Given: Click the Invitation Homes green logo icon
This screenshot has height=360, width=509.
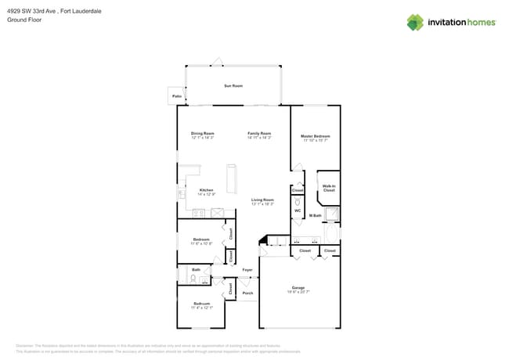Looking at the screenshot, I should (415, 22).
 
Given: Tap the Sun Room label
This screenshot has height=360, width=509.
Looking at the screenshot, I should (233, 85).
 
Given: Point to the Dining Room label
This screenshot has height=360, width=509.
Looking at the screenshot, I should (203, 133).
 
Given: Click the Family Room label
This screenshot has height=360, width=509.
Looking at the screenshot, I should (259, 133).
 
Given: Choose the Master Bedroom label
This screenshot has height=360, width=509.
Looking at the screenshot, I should (315, 136).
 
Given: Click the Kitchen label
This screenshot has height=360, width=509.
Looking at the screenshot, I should (206, 190).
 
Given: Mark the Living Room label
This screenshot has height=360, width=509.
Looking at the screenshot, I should (262, 200).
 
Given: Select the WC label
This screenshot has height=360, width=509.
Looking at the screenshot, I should (298, 211).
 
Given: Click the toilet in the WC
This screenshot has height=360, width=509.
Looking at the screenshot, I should (298, 202).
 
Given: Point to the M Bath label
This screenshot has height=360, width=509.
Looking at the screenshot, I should (316, 215).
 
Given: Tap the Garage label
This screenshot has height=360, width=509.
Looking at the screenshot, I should (300, 289).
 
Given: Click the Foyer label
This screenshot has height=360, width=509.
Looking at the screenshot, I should (247, 270).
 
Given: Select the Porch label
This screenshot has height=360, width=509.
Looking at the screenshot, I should (247, 293).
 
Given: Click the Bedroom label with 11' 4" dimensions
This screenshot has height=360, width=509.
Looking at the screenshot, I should (201, 304).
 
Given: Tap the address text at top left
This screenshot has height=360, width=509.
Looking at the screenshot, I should (54, 12).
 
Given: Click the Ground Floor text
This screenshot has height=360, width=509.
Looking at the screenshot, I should (24, 20).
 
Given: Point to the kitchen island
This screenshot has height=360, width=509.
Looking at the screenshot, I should (232, 178).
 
